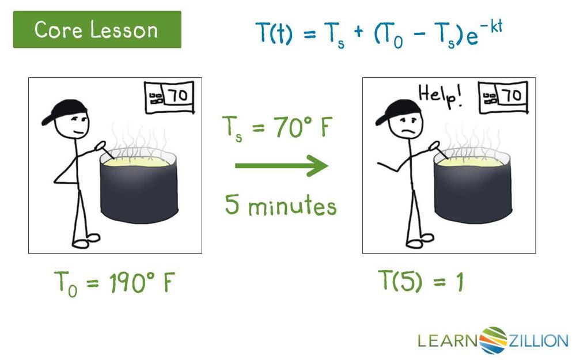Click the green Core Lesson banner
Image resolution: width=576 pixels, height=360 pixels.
pyautogui.click(x=97, y=29)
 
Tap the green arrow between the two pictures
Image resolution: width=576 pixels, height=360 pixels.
pyautogui.click(x=281, y=166)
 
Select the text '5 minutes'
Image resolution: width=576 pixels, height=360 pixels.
pyautogui.click(x=281, y=205)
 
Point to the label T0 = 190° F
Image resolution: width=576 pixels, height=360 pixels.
pyautogui.click(x=114, y=283)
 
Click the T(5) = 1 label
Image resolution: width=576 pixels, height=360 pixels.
pyautogui.click(x=420, y=282)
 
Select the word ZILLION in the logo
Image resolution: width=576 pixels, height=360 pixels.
pyautogui.click(x=538, y=340)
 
